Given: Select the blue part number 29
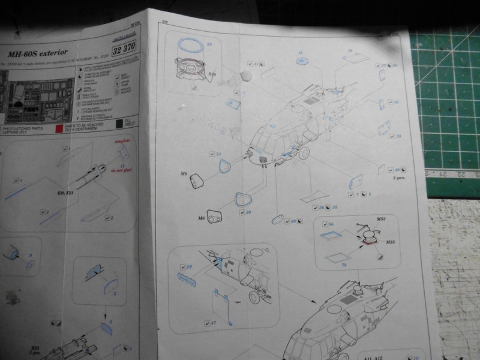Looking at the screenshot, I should click(x=189, y=266).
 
